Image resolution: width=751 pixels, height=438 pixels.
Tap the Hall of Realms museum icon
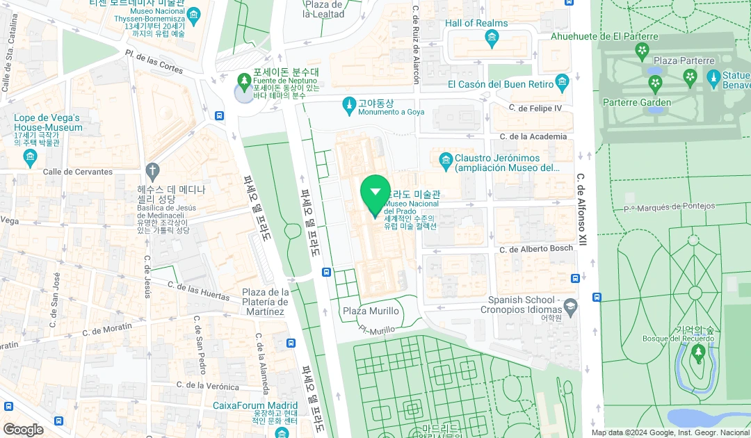coord(492,39)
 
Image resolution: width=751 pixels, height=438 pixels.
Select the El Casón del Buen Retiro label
coord(501,84)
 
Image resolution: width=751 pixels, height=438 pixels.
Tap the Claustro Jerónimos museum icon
coord(446,162)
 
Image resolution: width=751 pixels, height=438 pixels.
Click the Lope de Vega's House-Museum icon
coord(29,158)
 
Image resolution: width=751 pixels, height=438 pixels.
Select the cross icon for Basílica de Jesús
coord(152,170)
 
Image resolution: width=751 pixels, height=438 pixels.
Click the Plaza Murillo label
coord(371,311)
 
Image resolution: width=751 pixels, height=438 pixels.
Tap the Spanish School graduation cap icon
coord(570,305)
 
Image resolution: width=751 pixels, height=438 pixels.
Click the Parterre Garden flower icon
coord(655,84)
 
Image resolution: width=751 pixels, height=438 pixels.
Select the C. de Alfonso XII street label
coord(583,209)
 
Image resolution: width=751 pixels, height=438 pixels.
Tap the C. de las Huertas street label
coord(199,291)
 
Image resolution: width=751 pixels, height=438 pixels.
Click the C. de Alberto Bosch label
coord(536,249)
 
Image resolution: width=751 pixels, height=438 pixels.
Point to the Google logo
coord(23,430)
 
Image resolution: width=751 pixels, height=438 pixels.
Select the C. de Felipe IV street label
coord(535,108)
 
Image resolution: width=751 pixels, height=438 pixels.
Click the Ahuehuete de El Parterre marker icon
coord(642,50)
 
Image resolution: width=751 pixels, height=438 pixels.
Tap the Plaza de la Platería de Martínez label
coord(265,302)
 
